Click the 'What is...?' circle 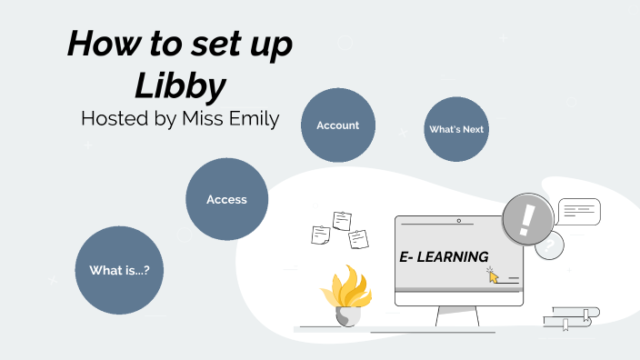(118, 270)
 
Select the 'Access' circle (226, 199)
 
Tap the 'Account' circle (337, 125)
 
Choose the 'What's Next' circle (456, 129)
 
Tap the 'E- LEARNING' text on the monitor (444, 257)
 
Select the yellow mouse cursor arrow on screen (494, 275)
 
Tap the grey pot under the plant (346, 316)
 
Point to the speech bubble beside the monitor (578, 212)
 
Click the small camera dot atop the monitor (459, 221)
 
